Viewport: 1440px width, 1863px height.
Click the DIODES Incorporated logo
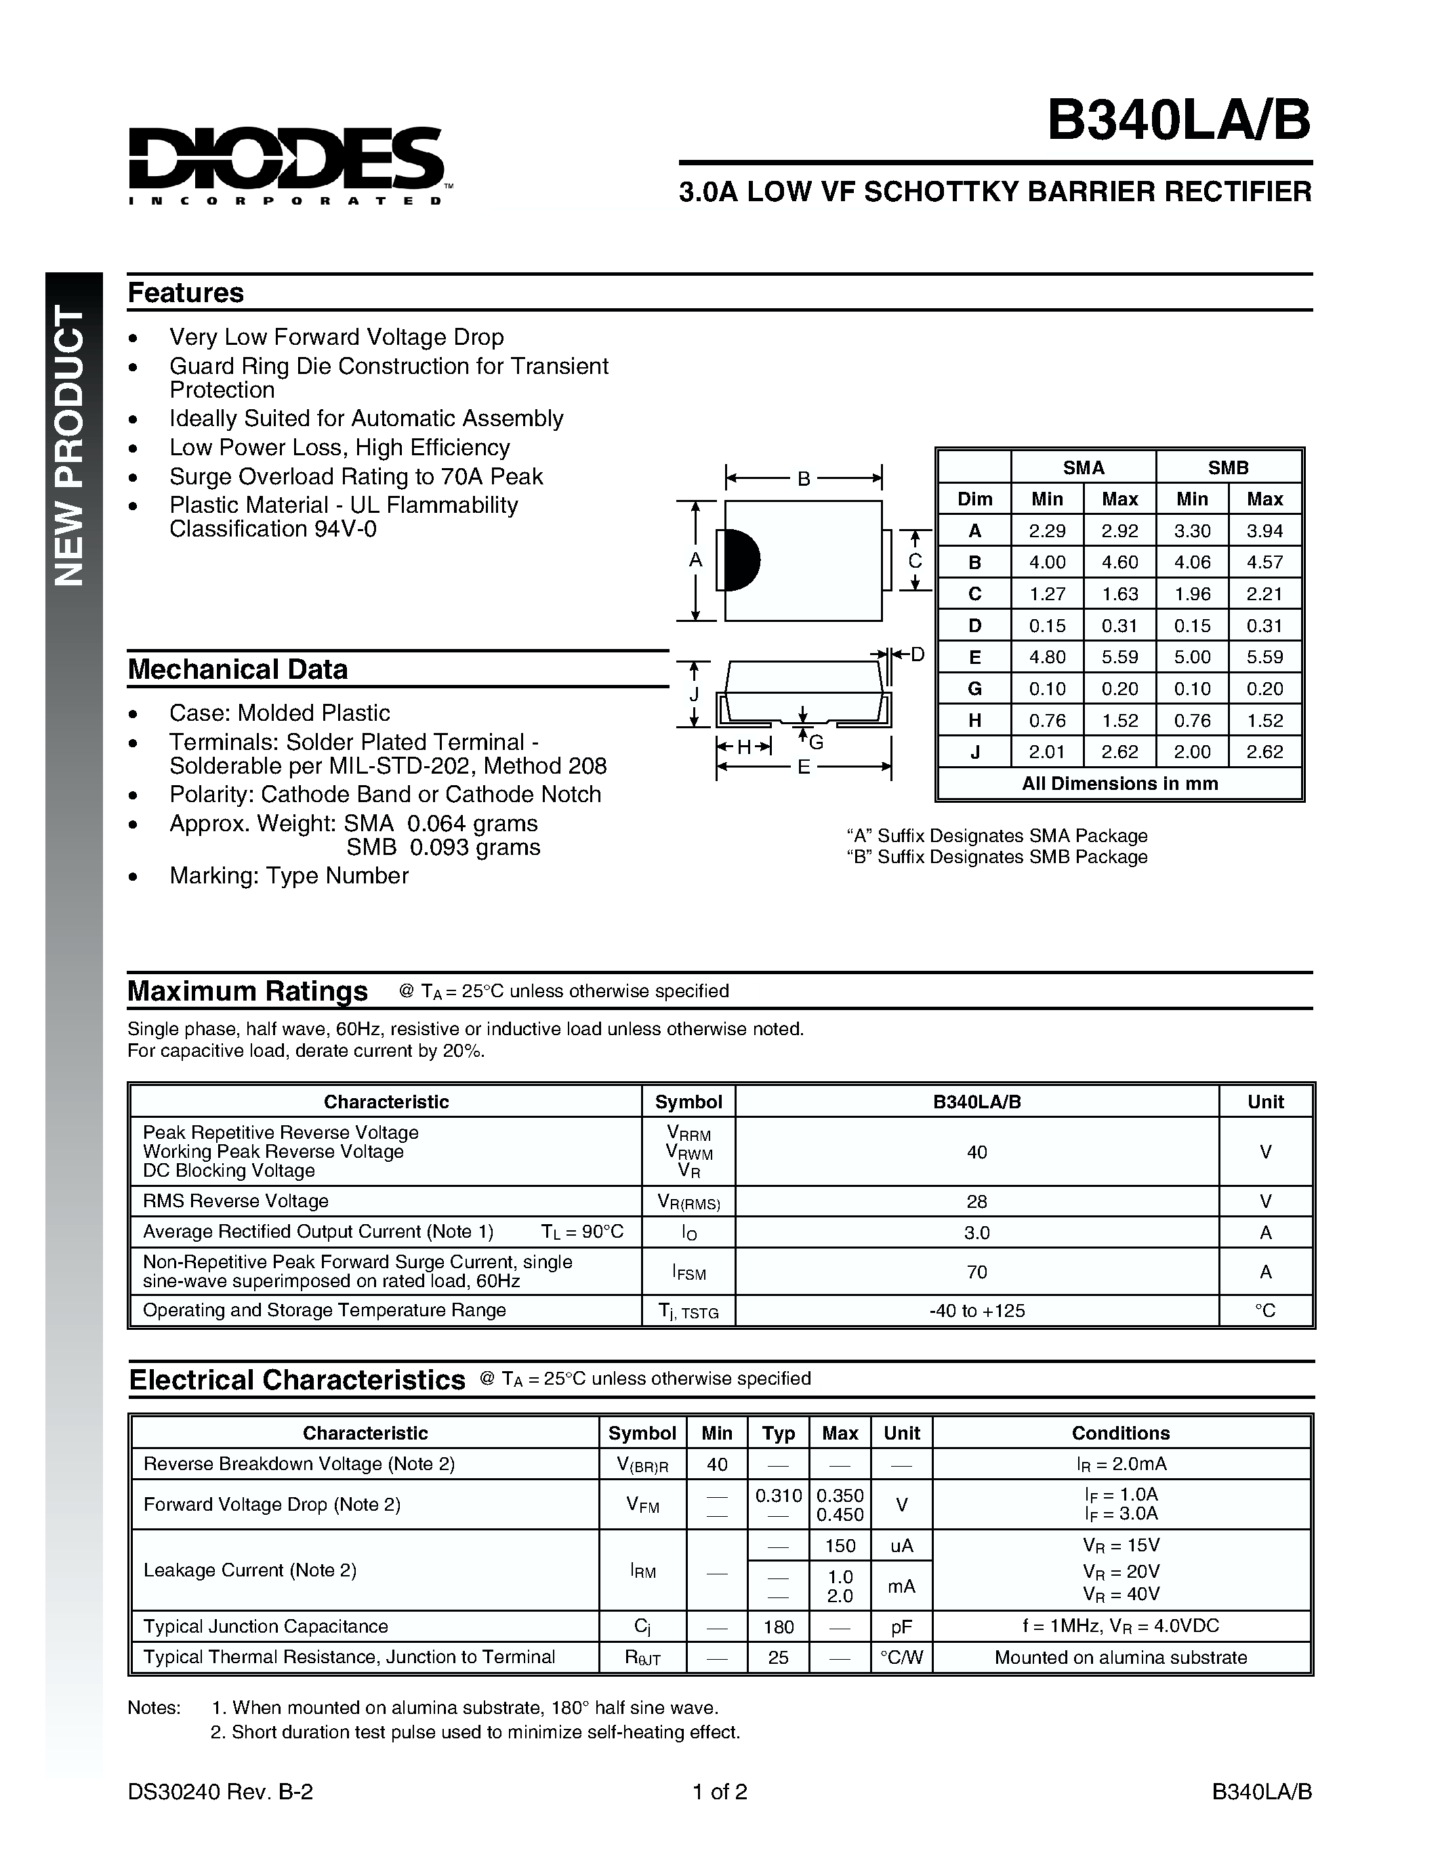pos(286,165)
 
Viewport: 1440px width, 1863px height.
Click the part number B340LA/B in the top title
pos(1178,121)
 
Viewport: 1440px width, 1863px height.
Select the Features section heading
pos(186,293)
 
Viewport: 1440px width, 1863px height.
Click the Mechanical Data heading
pos(238,669)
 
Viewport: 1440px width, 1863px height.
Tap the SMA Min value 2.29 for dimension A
pos(1047,530)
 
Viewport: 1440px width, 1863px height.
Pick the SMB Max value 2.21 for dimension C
pos(1264,593)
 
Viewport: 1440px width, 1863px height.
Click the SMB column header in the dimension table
pos(1228,467)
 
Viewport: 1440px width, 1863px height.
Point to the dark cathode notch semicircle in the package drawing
pos(741,560)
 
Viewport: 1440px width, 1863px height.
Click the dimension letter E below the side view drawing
pos(803,767)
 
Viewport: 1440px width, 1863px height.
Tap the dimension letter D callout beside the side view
pos(917,654)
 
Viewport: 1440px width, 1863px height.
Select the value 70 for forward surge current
pos(976,1272)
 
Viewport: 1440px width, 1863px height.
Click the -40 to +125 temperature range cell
pos(976,1310)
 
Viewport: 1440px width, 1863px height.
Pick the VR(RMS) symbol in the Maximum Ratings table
pos(688,1202)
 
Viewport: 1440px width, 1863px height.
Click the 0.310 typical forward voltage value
pos(778,1495)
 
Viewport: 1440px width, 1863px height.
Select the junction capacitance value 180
pos(778,1627)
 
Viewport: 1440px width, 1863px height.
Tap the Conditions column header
pos(1120,1433)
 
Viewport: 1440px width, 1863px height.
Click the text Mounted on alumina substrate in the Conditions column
pos(1120,1658)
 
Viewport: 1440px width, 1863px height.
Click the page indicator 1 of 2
pos(720,1791)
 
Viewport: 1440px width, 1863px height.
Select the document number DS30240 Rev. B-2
pos(220,1791)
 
